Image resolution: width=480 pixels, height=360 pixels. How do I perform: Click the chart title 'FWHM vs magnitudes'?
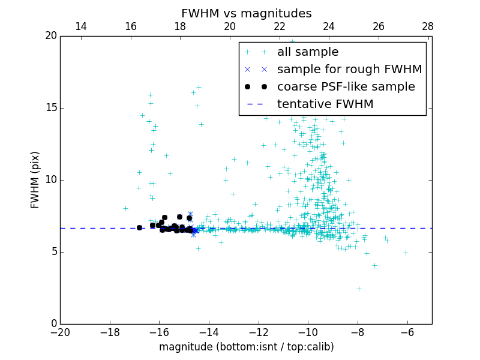[246, 13]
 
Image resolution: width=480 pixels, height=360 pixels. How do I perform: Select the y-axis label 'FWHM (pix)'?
[35, 179]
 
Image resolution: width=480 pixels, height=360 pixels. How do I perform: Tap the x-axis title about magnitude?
[246, 347]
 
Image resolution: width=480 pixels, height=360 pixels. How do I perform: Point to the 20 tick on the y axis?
[50, 36]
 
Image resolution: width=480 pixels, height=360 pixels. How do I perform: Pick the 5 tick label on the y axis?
[53, 252]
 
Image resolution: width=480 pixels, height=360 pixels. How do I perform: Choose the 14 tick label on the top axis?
[80, 26]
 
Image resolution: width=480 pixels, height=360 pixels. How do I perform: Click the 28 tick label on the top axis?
[428, 26]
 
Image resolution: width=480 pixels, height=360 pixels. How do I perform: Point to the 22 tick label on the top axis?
[279, 26]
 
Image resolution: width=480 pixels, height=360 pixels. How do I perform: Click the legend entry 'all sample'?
[307, 52]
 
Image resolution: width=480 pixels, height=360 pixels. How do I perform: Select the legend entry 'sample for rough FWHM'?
[349, 69]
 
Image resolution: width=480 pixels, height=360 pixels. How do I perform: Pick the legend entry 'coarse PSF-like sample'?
[346, 86]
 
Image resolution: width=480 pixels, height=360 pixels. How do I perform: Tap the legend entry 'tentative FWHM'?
[325, 104]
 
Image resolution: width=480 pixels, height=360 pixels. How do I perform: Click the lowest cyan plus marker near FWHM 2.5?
[359, 289]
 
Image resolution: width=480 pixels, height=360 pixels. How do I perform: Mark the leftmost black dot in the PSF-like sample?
[139, 227]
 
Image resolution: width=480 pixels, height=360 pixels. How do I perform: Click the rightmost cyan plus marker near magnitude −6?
[406, 253]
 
